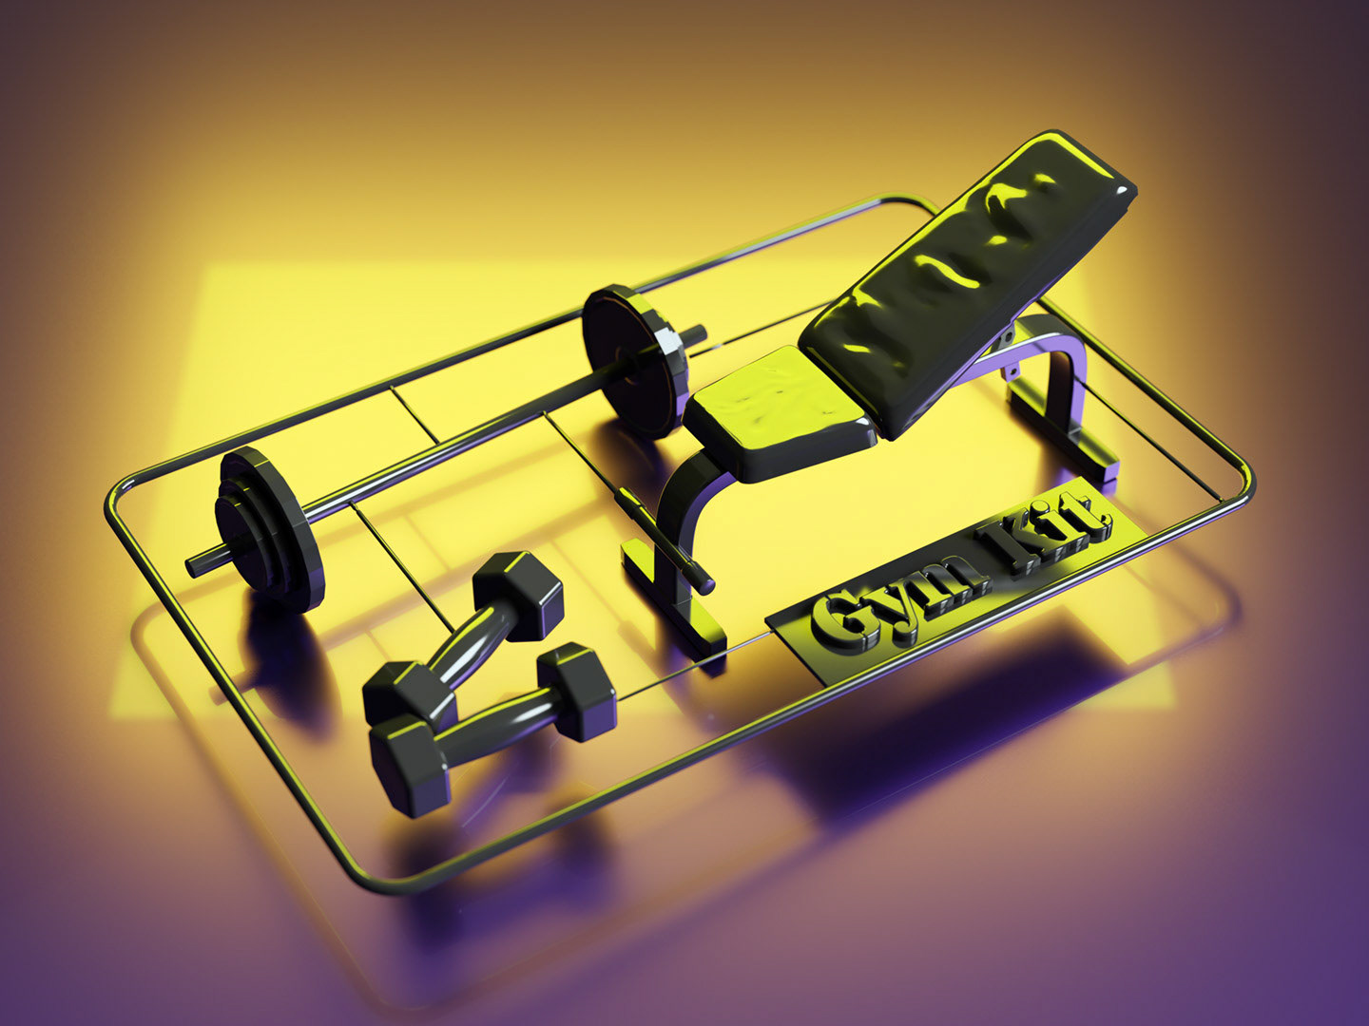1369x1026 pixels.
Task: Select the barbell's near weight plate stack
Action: pyautogui.click(x=269, y=529)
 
